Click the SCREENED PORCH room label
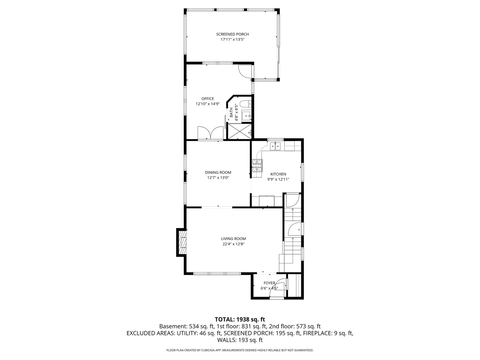pyautogui.click(x=232, y=34)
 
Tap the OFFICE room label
pyautogui.click(x=207, y=99)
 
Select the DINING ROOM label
pyautogui.click(x=218, y=172)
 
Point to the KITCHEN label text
pyautogui.click(x=278, y=174)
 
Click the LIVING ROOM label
pyautogui.click(x=233, y=239)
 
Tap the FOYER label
pyautogui.click(x=269, y=283)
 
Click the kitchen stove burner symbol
pyautogui.click(x=257, y=165)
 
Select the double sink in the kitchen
pyautogui.click(x=275, y=146)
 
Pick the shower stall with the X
pyautogui.click(x=239, y=131)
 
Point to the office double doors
pyautogui.click(x=210, y=133)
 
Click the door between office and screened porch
pyautogui.click(x=245, y=70)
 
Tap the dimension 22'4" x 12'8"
pyautogui.click(x=233, y=244)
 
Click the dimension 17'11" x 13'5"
pyautogui.click(x=232, y=39)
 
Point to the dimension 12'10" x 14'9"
pyautogui.click(x=207, y=104)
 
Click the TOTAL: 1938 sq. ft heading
pyautogui.click(x=240, y=319)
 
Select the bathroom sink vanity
pyautogui.click(x=246, y=116)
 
